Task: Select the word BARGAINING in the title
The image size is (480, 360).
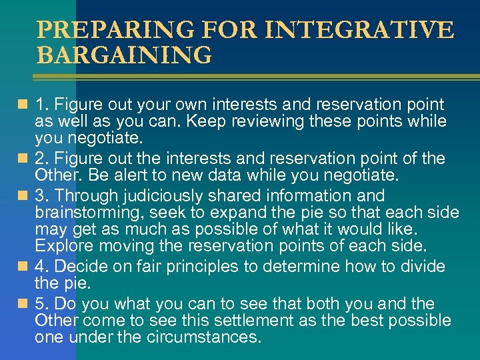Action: point(124,55)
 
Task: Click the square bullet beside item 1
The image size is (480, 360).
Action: point(24,105)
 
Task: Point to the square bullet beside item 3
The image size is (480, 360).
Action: point(24,196)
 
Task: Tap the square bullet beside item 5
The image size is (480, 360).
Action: point(24,304)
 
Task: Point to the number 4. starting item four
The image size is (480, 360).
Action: point(43,267)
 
